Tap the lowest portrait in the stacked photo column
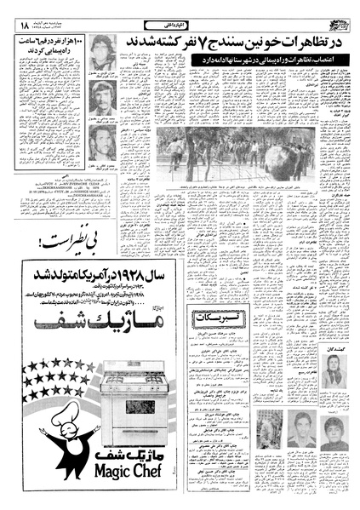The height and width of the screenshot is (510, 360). point(102,141)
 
